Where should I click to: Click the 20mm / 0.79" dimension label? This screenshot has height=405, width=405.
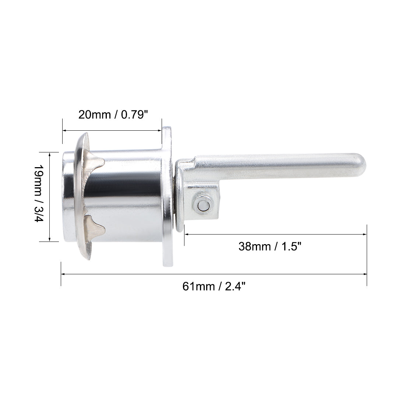click(113, 115)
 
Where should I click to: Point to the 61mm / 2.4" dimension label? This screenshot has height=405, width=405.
click(214, 286)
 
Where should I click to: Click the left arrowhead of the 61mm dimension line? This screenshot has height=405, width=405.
click(63, 274)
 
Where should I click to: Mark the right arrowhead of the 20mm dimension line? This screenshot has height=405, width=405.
click(159, 130)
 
